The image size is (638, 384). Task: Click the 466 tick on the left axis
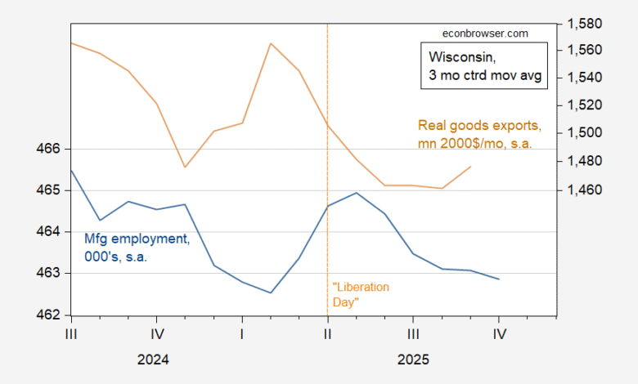pos(50,150)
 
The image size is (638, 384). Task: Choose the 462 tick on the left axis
pos(50,315)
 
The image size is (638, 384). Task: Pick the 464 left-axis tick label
pos(50,232)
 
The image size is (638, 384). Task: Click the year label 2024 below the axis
pos(155,359)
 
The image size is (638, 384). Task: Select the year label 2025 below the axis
pos(412,359)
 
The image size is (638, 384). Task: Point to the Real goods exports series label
pos(479,134)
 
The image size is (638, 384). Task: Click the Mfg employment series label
pos(137,248)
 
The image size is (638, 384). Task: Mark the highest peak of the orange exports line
pos(271,42)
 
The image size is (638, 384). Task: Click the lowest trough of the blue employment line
pos(271,292)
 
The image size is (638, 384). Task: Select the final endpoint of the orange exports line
pos(470,167)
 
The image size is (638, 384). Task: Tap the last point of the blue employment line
pos(499,279)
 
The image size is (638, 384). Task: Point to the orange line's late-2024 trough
pos(185,167)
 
